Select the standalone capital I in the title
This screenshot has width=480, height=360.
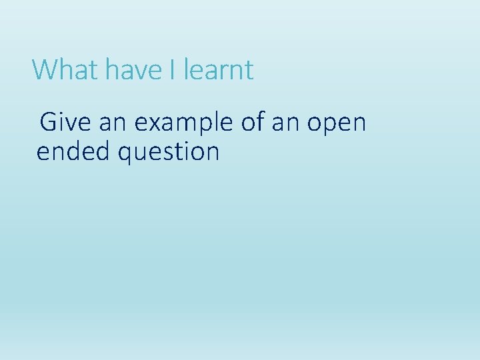172,70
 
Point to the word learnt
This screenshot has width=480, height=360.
219,70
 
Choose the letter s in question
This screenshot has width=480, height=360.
167,153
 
